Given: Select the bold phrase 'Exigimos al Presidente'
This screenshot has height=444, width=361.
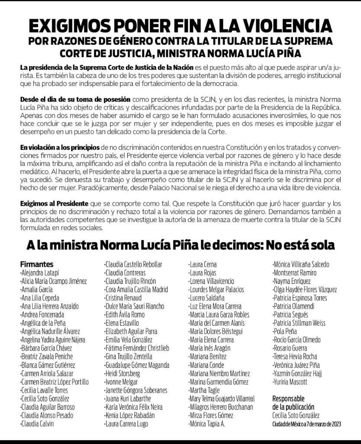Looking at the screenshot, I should (x=54, y=203).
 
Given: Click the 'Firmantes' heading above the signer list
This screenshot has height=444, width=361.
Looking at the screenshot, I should (x=37, y=264).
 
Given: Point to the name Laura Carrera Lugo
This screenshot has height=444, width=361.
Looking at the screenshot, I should (x=127, y=424).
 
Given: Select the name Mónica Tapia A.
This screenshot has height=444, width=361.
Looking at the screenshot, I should (x=207, y=424).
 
